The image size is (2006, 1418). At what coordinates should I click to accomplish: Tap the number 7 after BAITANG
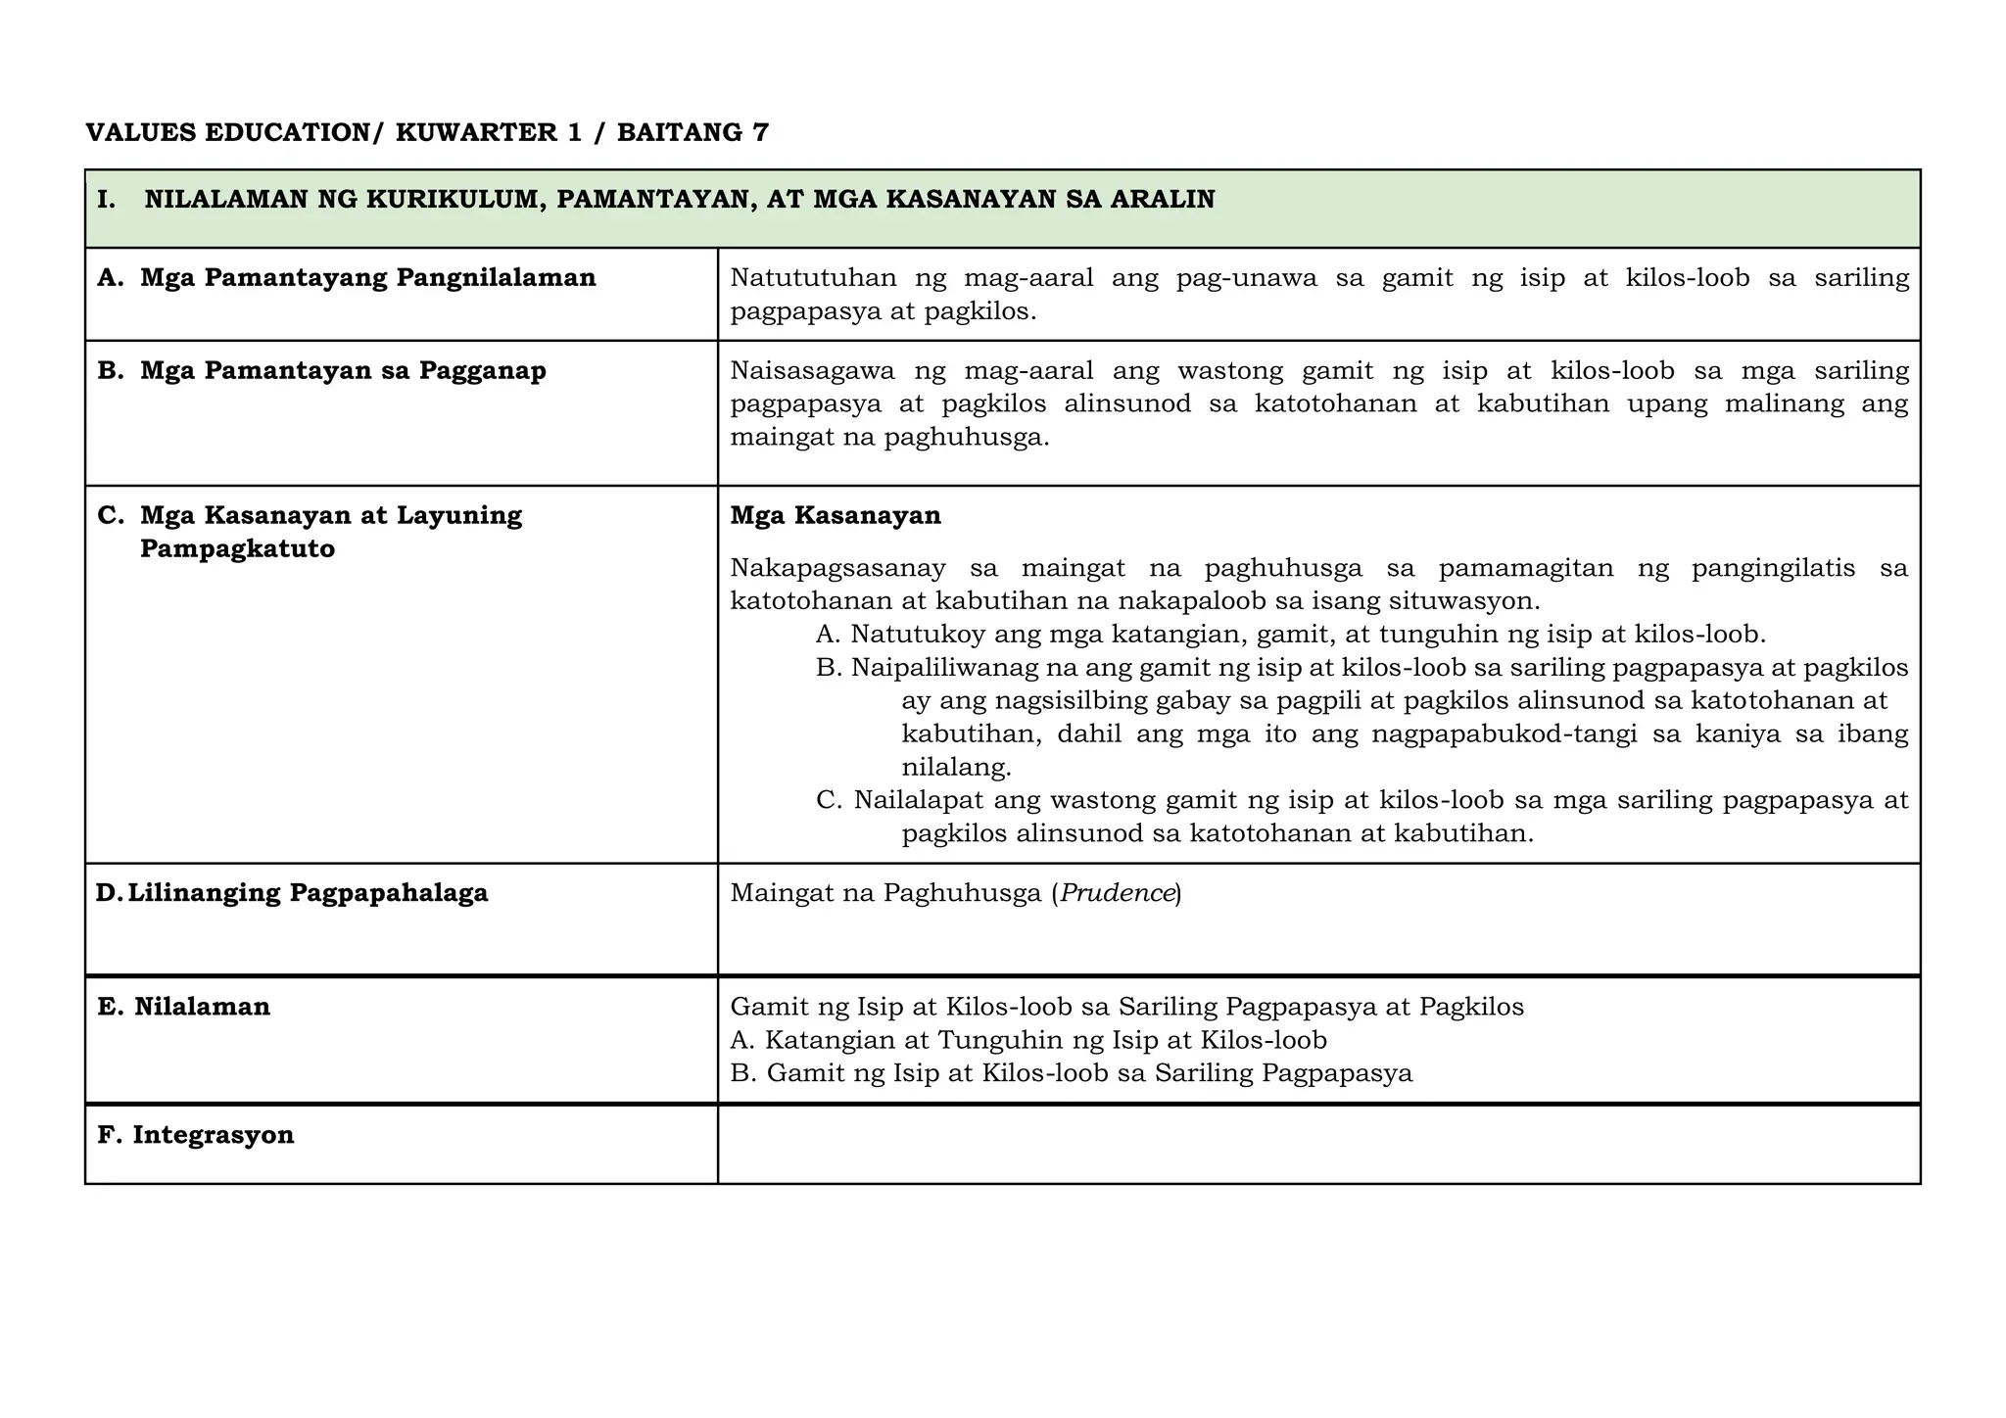[x=761, y=132]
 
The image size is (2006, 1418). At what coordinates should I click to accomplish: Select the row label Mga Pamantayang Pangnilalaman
[x=367, y=278]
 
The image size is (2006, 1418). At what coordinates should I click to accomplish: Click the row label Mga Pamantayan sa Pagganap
[x=343, y=371]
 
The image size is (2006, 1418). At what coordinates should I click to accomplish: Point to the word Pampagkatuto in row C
[x=237, y=548]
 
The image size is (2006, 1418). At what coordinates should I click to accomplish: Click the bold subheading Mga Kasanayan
[x=836, y=516]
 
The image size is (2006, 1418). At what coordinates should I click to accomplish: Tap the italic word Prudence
[x=1118, y=893]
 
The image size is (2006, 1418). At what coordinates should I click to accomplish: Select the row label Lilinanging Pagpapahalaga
[x=308, y=893]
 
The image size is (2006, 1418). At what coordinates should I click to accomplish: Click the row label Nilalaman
[x=202, y=1007]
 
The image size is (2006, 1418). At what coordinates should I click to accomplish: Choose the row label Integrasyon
[x=213, y=1135]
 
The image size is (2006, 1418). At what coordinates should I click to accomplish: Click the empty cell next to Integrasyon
[x=1317, y=1144]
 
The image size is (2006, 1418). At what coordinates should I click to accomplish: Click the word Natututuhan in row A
[x=813, y=278]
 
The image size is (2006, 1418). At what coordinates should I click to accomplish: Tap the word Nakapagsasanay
[x=837, y=568]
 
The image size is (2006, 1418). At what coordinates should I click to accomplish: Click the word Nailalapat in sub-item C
[x=918, y=800]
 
